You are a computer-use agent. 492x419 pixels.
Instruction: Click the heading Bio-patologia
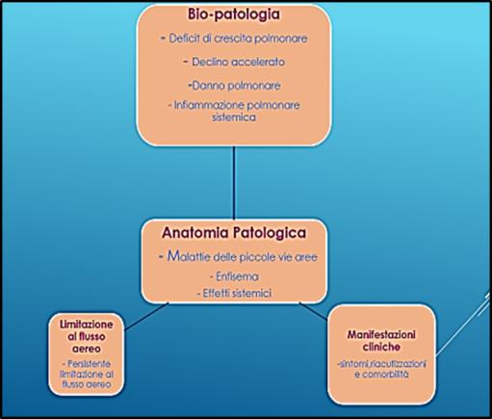234,14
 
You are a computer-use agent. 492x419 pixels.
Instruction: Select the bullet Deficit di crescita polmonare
234,39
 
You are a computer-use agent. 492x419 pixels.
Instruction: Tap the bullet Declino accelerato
234,62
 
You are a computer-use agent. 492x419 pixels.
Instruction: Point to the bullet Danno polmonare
234,86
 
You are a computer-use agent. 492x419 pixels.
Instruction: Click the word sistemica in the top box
234,118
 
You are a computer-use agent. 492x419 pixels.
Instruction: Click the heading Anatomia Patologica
234,233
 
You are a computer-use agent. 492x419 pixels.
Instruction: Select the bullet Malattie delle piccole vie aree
238,256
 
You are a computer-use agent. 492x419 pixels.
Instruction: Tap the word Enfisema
237,276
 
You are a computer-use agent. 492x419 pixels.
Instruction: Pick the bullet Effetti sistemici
234,293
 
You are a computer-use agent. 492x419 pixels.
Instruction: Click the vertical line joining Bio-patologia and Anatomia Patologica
234,183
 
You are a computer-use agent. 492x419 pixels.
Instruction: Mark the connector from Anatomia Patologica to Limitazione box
146,316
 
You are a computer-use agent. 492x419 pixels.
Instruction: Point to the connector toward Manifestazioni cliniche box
314,311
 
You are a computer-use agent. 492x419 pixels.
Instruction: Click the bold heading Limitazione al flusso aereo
87,336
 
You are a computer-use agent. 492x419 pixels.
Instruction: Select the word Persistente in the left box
89,364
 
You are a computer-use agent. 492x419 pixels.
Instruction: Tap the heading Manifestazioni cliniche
381,341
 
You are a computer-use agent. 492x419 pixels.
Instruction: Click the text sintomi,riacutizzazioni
381,364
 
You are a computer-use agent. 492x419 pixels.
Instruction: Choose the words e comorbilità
381,374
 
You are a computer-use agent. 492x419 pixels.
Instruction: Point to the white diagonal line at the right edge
463,324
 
